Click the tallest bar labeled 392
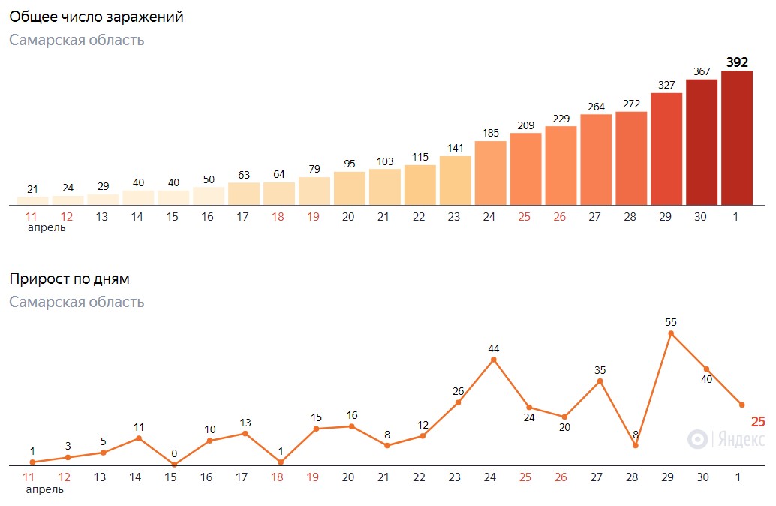click(x=737, y=137)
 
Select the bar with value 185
click(x=491, y=173)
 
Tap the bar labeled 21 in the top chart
click(x=33, y=201)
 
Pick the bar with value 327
click(x=666, y=149)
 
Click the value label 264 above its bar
click(x=597, y=107)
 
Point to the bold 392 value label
click(x=737, y=62)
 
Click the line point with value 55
click(x=671, y=333)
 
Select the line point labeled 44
click(x=493, y=360)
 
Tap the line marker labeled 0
click(x=174, y=465)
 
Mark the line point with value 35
click(x=600, y=381)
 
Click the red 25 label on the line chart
click(x=758, y=422)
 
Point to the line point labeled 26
click(x=458, y=402)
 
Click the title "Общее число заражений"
click(x=97, y=17)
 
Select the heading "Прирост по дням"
click(x=69, y=279)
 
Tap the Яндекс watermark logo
click(x=726, y=439)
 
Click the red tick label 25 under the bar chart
click(x=525, y=217)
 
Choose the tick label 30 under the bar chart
click(x=700, y=217)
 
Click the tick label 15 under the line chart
click(x=171, y=477)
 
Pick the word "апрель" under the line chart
click(x=45, y=489)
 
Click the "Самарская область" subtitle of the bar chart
click(x=77, y=40)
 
